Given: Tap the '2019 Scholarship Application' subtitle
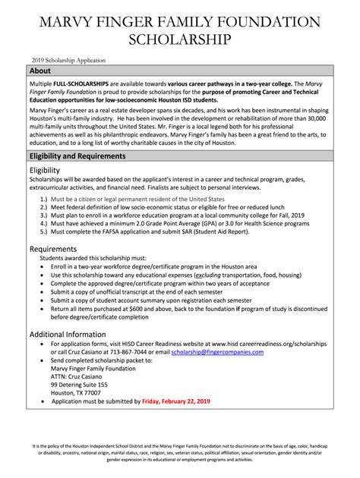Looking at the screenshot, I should click(x=68, y=59).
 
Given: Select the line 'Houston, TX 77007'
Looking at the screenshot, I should click(x=79, y=392).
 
